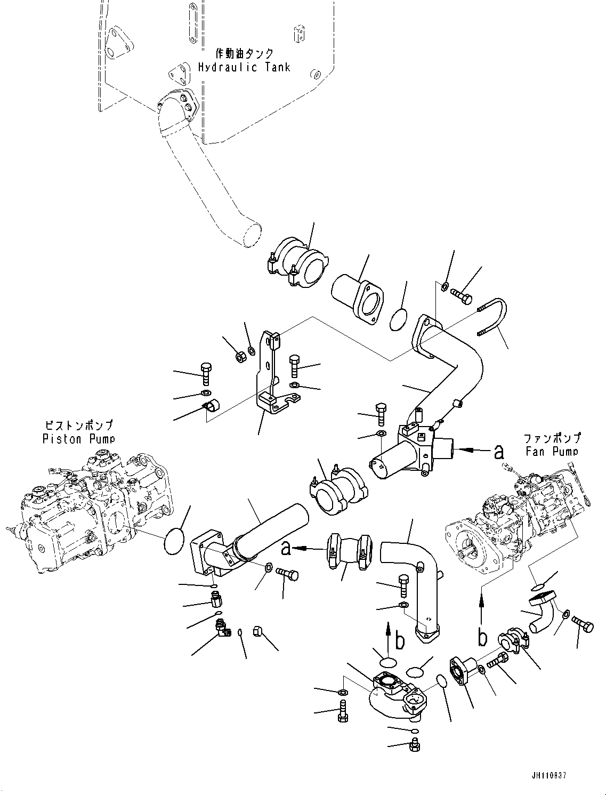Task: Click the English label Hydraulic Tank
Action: point(244,67)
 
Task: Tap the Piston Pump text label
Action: point(78,438)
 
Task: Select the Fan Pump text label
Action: point(552,451)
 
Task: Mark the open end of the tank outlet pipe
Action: point(251,235)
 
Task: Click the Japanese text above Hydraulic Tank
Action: point(245,53)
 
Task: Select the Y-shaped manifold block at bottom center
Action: point(394,693)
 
